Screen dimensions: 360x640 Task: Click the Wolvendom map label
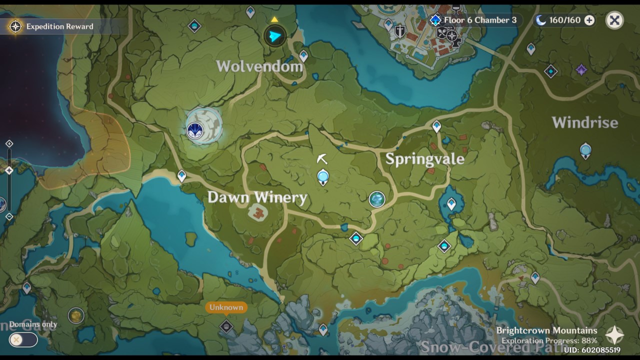point(259,66)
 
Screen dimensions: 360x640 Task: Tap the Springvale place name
point(425,159)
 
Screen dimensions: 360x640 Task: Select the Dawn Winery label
point(257,197)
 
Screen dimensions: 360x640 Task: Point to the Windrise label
point(585,122)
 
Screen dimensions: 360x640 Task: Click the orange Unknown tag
point(226,307)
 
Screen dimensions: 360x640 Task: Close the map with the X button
point(614,20)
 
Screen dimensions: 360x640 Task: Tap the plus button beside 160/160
point(589,20)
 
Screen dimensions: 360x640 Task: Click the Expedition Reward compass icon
point(15,26)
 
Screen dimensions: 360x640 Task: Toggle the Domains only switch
point(23,340)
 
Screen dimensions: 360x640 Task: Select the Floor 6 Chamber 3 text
point(480,20)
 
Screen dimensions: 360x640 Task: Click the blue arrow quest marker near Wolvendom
point(274,35)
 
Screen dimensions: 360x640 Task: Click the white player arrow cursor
point(322,159)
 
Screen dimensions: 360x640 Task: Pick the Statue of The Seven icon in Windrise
point(585,150)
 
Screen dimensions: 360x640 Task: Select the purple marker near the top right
point(581,70)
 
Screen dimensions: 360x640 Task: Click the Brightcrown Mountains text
point(546,330)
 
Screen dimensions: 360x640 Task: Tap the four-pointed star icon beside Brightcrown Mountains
point(614,335)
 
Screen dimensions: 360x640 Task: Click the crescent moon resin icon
point(540,20)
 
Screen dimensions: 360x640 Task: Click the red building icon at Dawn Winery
point(258,214)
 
